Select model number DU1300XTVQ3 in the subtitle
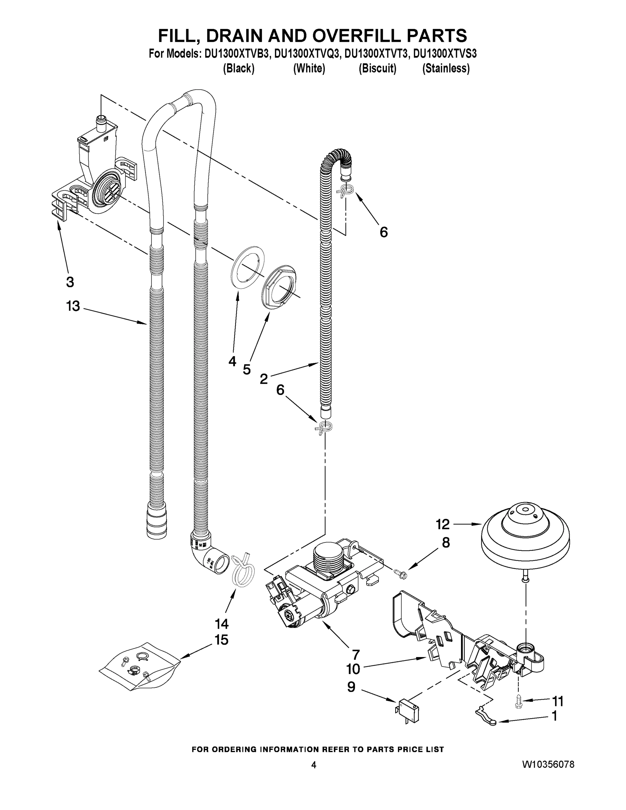tap(307, 54)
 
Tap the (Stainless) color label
tap(446, 69)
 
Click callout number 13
tap(73, 306)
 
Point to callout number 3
tap(70, 282)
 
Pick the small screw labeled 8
tap(401, 574)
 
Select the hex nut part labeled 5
tap(280, 286)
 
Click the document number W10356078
tap(548, 764)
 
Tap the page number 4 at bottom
tap(314, 765)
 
